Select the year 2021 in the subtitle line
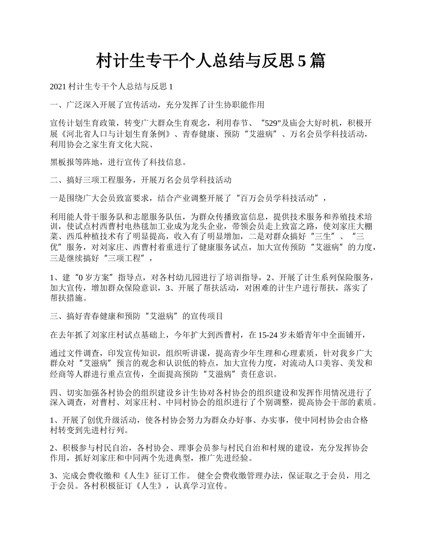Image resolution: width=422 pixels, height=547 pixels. coord(58,86)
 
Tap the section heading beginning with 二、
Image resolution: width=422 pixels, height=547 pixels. coord(141,180)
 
